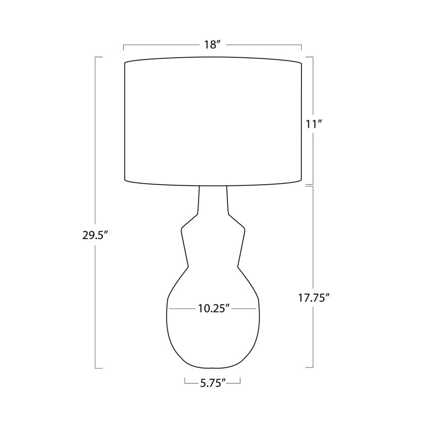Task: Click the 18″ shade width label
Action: (x=212, y=44)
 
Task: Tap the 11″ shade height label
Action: (x=314, y=125)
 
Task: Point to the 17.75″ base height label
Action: (x=314, y=298)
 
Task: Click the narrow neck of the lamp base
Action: (x=213, y=200)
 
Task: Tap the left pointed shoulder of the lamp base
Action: (x=182, y=228)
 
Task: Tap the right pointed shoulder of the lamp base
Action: (x=244, y=228)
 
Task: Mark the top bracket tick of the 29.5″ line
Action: (x=99, y=57)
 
